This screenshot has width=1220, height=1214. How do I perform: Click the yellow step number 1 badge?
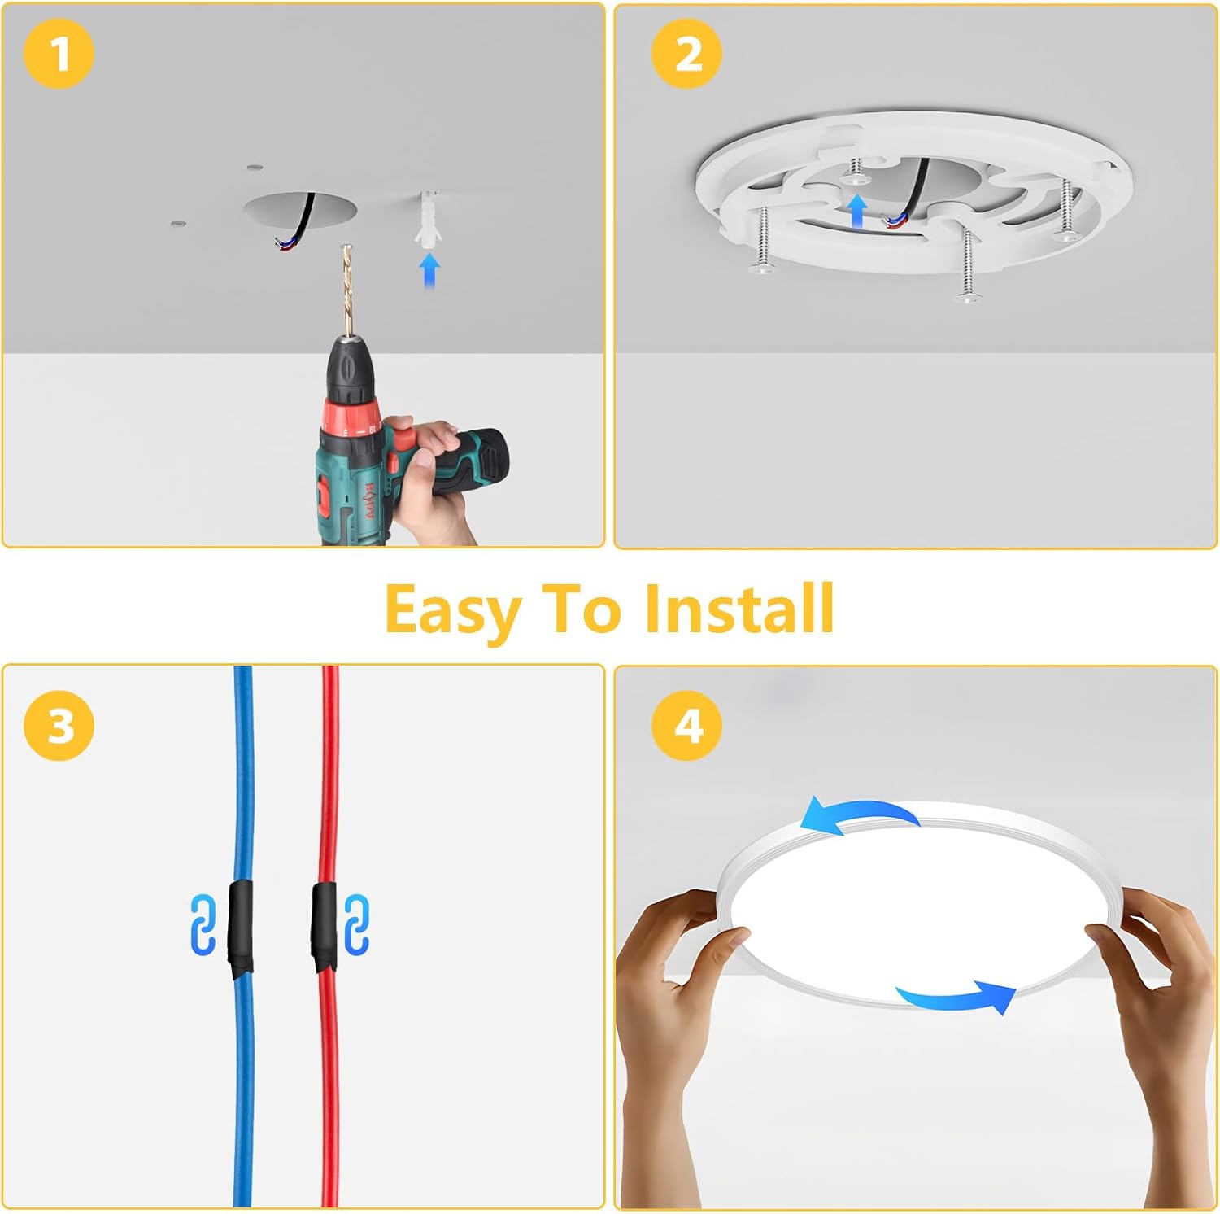click(x=59, y=54)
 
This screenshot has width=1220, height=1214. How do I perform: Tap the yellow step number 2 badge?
click(x=687, y=54)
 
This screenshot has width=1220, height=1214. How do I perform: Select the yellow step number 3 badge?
click(x=59, y=725)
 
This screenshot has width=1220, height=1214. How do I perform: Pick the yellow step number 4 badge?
click(x=687, y=725)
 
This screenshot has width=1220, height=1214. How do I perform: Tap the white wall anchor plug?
click(x=428, y=218)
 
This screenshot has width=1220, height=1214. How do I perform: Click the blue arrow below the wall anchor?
click(x=429, y=269)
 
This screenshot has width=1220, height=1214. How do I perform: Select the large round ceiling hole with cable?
click(x=301, y=212)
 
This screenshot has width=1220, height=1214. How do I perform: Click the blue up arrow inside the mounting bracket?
click(x=856, y=211)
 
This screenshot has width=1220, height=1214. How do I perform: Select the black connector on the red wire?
click(x=325, y=928)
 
